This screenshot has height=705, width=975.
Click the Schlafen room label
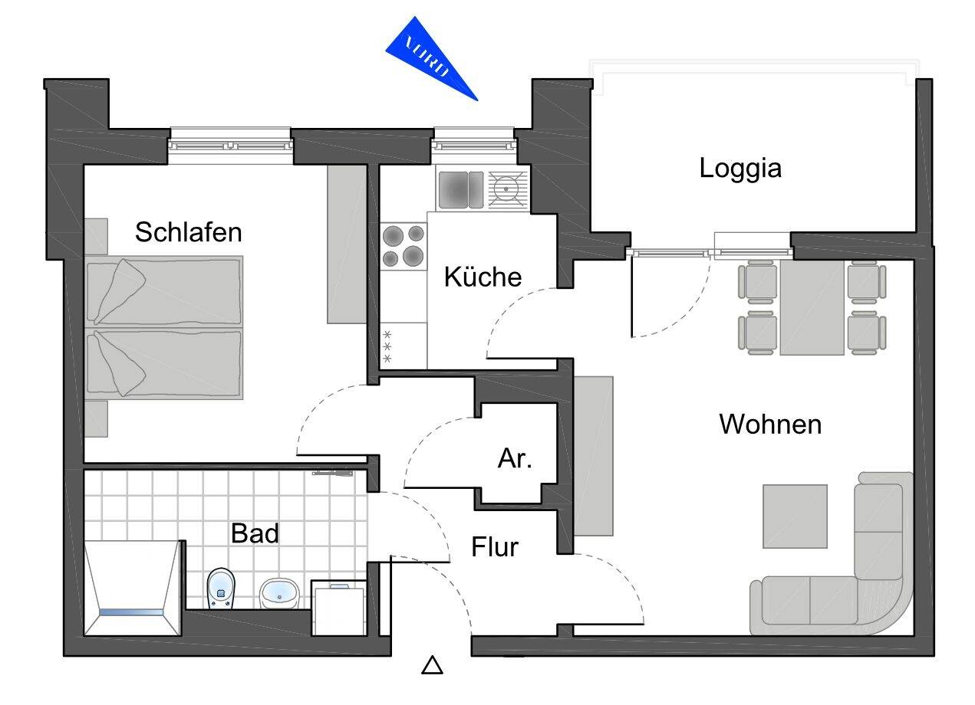pos(188,231)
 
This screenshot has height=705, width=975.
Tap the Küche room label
pos(483,277)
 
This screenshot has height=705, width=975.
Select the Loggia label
pos(739,169)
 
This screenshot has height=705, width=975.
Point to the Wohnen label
pos(769,424)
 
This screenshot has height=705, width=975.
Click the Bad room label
pos(255,533)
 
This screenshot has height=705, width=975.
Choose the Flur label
pos(495,547)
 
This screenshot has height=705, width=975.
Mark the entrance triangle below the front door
pos(433,665)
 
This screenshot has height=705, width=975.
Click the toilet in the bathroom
pos(222,589)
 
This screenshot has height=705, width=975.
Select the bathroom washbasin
pos(280,592)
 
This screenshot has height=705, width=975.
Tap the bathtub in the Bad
pos(133,587)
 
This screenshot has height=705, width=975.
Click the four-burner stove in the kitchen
pos(404,245)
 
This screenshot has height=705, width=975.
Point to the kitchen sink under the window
pos(460,189)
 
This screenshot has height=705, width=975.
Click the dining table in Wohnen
pos(812,307)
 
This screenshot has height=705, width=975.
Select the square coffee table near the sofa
pos(795,516)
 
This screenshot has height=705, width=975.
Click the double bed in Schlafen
pos(163,328)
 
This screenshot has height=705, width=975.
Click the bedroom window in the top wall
pos(230,143)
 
